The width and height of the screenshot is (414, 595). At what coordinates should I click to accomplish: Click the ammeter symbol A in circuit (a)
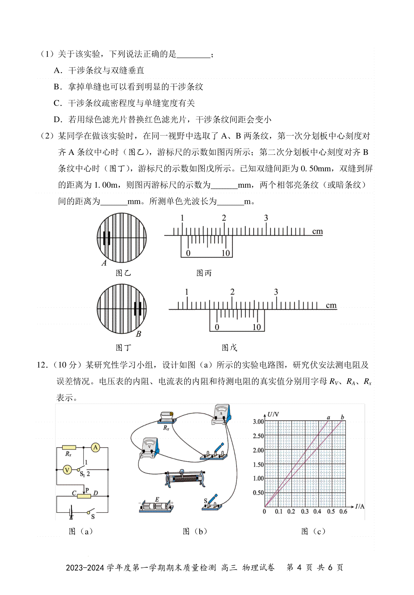tap(96, 448)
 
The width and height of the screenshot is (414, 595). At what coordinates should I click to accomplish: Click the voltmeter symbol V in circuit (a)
tap(68, 469)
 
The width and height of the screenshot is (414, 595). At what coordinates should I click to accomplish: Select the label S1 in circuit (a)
tap(82, 474)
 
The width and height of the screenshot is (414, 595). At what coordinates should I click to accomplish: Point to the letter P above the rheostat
tap(87, 490)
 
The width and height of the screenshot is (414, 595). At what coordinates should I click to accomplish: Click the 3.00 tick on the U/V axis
tap(258, 422)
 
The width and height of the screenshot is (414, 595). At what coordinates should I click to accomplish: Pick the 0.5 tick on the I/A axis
tap(331, 512)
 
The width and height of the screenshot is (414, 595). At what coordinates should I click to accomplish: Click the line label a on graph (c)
tap(328, 417)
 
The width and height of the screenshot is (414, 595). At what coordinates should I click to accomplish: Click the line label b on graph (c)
tap(342, 417)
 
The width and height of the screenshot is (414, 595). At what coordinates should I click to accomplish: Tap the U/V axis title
tap(273, 414)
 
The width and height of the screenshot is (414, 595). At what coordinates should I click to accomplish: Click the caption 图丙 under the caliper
tap(204, 273)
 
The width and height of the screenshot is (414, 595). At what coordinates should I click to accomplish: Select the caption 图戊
tap(229, 348)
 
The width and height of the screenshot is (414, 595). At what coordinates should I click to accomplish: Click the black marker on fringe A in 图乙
tap(107, 238)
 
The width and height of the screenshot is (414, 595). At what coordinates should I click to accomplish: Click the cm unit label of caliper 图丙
tap(317, 231)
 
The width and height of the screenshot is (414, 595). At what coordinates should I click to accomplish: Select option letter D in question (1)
tap(57, 120)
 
